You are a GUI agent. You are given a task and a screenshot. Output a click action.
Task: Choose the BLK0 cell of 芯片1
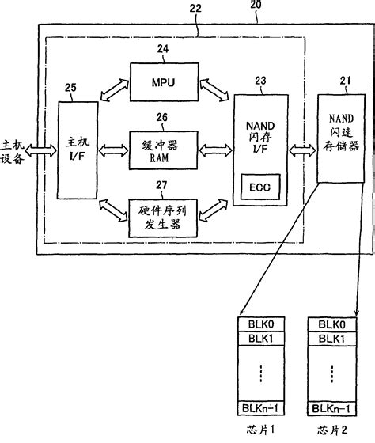click(257, 324)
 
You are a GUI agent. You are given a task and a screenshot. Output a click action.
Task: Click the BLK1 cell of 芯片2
click(328, 338)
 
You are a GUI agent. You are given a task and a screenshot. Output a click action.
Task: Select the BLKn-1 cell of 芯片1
click(257, 409)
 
